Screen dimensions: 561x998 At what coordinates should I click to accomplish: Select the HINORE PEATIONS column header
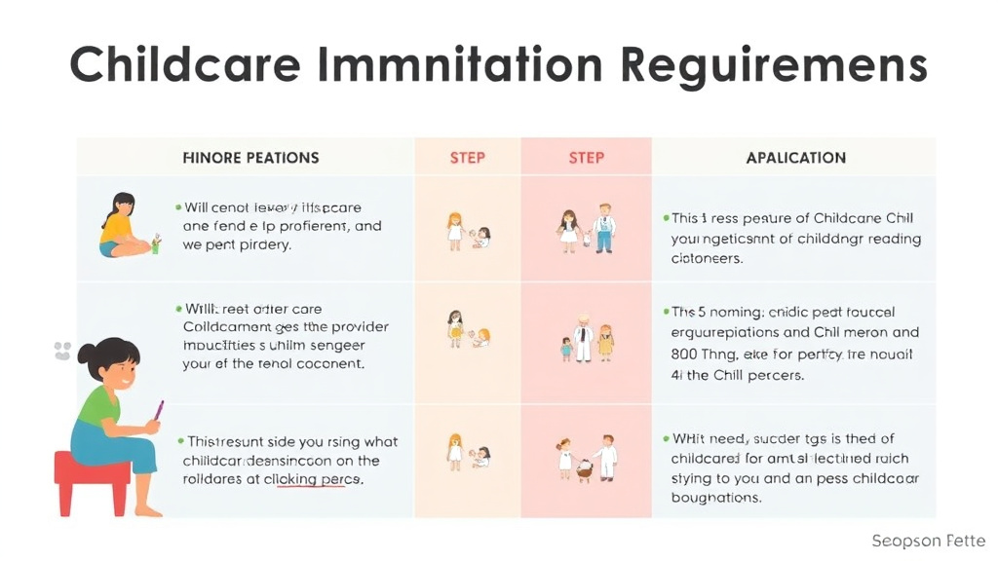point(250,158)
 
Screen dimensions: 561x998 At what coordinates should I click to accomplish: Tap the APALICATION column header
point(795,158)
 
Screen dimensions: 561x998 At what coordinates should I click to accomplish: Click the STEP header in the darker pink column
point(586,158)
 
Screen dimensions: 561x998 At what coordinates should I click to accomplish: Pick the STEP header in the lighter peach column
point(468,158)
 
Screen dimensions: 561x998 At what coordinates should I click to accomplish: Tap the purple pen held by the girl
point(158,410)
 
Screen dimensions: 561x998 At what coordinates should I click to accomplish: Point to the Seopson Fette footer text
point(928,541)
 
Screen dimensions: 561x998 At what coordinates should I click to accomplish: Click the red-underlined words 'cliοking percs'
point(312,479)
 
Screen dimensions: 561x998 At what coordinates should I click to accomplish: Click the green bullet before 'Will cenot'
point(178,207)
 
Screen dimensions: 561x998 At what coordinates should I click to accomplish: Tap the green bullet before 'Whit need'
point(666,440)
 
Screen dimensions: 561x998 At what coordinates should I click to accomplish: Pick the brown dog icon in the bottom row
point(585,468)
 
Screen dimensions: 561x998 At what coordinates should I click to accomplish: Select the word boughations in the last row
point(715,498)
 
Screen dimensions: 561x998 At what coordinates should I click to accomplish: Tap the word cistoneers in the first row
point(707,259)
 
